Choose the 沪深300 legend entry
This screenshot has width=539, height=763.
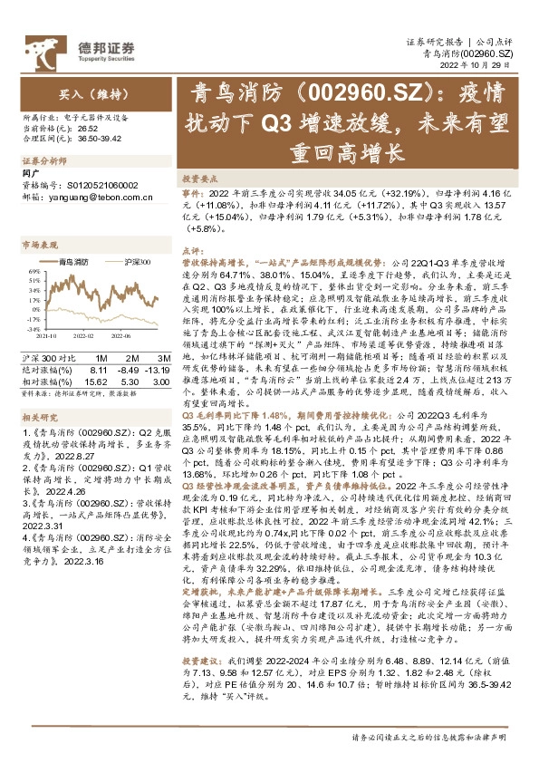137,261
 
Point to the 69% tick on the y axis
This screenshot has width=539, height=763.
33,270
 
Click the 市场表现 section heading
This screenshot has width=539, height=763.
39,245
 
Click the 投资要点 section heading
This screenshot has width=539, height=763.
198,179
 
